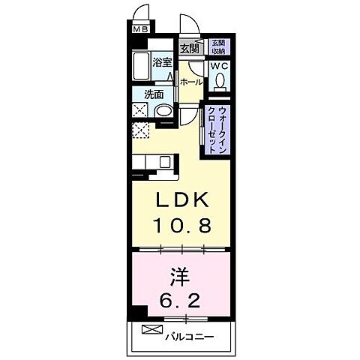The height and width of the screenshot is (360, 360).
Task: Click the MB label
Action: [140, 31]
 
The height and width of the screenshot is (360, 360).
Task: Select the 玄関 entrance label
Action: [189, 49]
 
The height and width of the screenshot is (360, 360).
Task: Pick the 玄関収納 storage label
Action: [217, 46]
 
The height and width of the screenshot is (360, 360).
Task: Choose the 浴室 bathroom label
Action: [163, 63]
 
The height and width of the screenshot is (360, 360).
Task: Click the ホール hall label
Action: [191, 82]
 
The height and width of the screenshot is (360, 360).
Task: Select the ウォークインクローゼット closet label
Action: [217, 129]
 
